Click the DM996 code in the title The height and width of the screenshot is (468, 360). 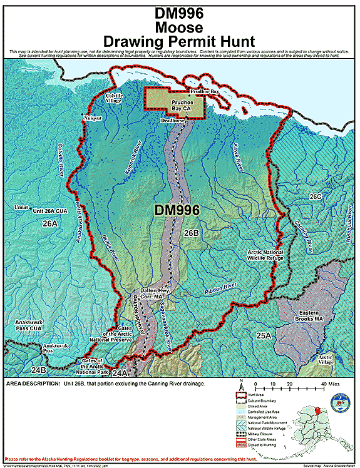coord(179,13)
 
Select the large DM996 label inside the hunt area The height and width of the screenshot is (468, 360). coord(176,211)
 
